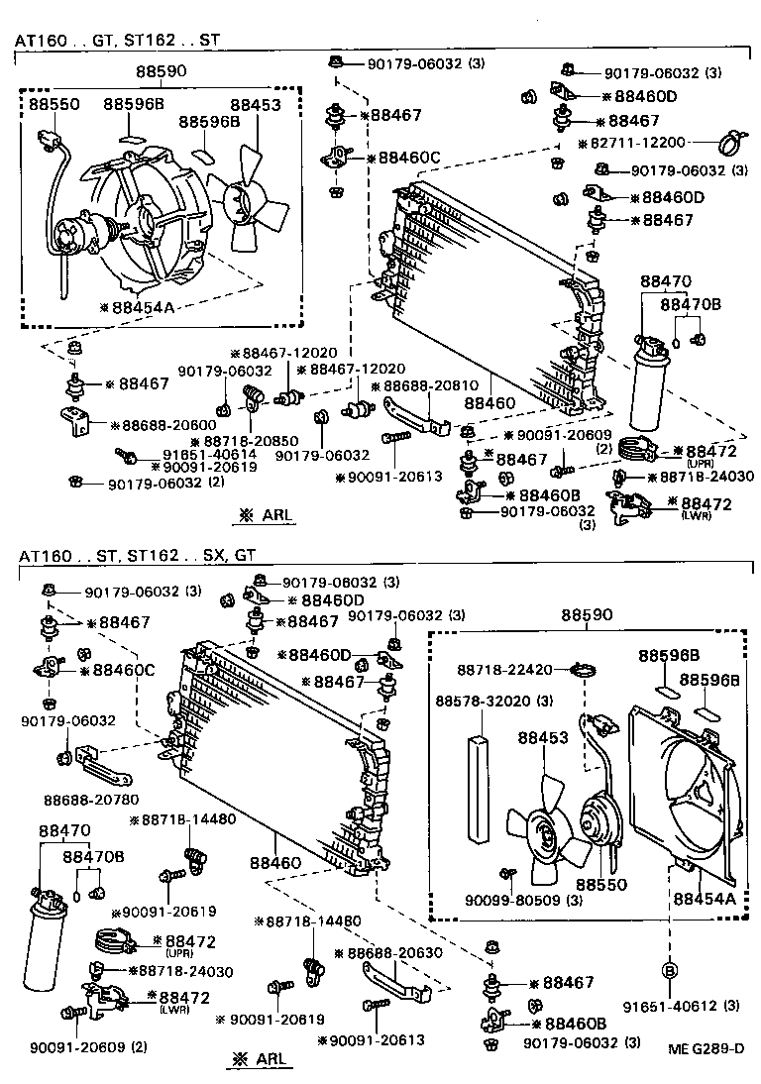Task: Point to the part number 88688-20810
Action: click(430, 385)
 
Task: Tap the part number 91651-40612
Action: click(682, 1008)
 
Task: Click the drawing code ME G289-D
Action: click(706, 1048)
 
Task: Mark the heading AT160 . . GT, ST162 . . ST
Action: click(116, 41)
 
